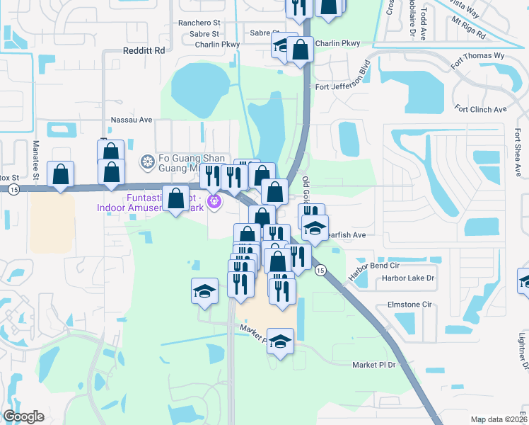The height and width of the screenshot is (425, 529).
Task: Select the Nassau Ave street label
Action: pos(132,120)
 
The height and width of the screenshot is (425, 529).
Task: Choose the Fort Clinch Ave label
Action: pos(482,109)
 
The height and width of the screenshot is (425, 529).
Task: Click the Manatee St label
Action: pos(35,159)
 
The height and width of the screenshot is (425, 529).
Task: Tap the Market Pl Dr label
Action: pos(376,364)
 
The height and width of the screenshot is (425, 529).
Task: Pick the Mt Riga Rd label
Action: pos(468,30)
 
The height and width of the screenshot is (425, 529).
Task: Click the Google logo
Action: pos(24,416)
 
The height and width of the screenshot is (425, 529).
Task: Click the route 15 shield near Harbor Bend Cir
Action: pos(320,271)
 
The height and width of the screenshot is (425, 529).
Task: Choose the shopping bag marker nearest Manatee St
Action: pos(61,174)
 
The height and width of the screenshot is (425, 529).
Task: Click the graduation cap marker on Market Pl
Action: pos(281,342)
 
